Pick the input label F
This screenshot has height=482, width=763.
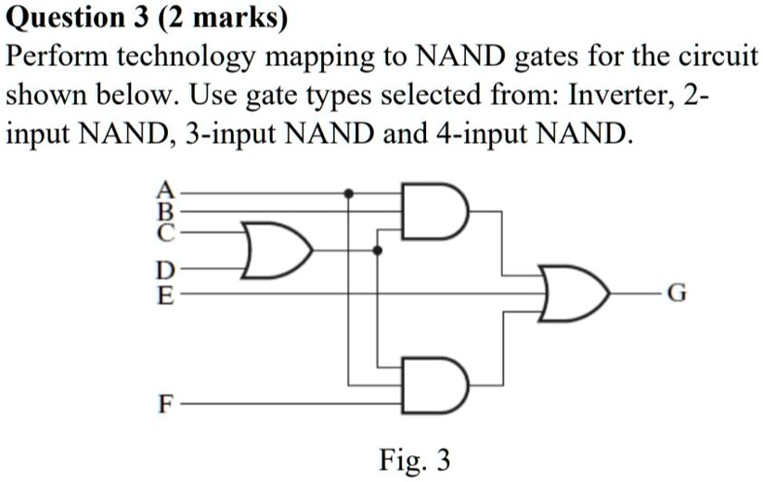point(164,405)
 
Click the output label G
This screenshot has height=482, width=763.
point(678,296)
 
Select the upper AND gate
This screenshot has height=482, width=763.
point(434,212)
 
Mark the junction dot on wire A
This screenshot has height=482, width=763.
point(348,194)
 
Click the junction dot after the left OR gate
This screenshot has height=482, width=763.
point(377,250)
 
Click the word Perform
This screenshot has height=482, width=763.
point(55,58)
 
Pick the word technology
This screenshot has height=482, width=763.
point(186,59)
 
